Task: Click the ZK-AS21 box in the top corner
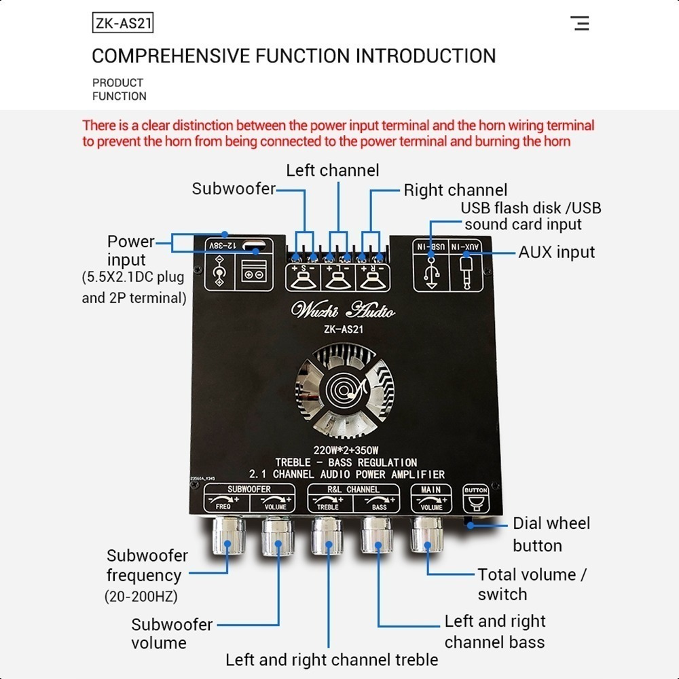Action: (122, 24)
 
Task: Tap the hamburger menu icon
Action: (581, 24)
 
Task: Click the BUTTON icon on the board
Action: (475, 499)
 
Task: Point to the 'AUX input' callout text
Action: (556, 252)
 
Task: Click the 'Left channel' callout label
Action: (332, 170)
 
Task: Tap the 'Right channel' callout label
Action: (455, 190)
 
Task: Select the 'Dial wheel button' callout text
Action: (551, 534)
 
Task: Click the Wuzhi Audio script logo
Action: (343, 310)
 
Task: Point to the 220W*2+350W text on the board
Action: (346, 449)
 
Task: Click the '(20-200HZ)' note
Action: (141, 597)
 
